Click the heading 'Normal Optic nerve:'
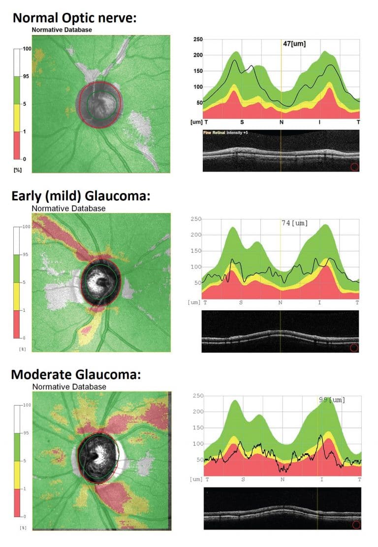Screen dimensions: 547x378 74,18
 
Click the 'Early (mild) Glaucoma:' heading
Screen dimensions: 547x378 80,196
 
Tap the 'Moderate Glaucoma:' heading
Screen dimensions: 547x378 76,374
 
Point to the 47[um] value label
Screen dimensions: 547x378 294,44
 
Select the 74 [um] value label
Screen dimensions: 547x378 294,223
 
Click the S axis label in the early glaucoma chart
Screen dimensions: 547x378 241,302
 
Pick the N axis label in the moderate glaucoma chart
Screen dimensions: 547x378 283,479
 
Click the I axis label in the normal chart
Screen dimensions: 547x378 320,122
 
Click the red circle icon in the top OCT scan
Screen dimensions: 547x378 354,167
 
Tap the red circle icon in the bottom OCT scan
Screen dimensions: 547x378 356,525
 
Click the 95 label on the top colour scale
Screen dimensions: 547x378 21,77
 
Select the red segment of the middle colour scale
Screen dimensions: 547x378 17,324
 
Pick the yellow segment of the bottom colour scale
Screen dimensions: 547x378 17,475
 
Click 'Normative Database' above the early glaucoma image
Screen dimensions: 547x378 68,209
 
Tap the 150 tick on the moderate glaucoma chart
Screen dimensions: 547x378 197,428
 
